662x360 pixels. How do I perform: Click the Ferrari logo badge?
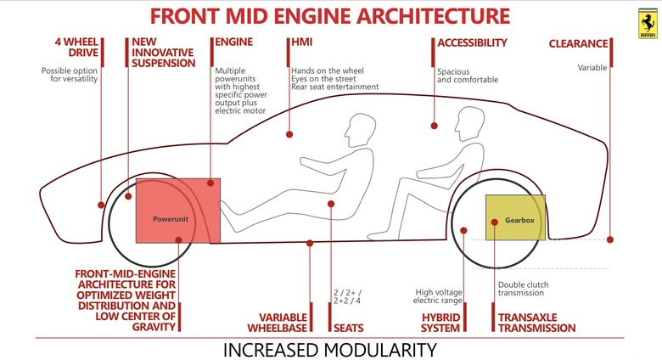click(x=648, y=23)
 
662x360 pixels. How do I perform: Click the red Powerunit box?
click(x=177, y=211)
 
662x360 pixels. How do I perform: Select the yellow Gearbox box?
click(x=515, y=217)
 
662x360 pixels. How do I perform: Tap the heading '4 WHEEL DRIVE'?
click(x=76, y=48)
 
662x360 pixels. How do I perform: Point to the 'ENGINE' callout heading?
click(x=234, y=42)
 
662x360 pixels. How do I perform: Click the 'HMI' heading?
click(x=302, y=42)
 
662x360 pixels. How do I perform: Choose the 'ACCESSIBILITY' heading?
click(x=472, y=42)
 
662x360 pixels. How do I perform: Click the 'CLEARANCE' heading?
click(x=578, y=43)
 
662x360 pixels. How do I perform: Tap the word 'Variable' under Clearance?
click(x=592, y=68)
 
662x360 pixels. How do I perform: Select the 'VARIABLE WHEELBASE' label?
click(x=278, y=323)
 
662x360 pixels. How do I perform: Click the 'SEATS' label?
click(x=348, y=329)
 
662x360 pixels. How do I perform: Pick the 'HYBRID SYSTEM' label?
click(x=440, y=323)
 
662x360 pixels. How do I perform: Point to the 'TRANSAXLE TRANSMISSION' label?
click(x=536, y=323)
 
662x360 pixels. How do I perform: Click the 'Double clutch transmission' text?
click(x=523, y=289)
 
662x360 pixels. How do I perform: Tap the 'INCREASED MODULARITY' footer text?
click(x=330, y=350)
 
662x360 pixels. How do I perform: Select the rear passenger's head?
click(x=469, y=123)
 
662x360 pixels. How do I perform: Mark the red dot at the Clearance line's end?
click(x=610, y=239)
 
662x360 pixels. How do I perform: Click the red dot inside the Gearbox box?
click(x=495, y=222)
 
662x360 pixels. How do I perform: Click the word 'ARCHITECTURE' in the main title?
click(x=433, y=16)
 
